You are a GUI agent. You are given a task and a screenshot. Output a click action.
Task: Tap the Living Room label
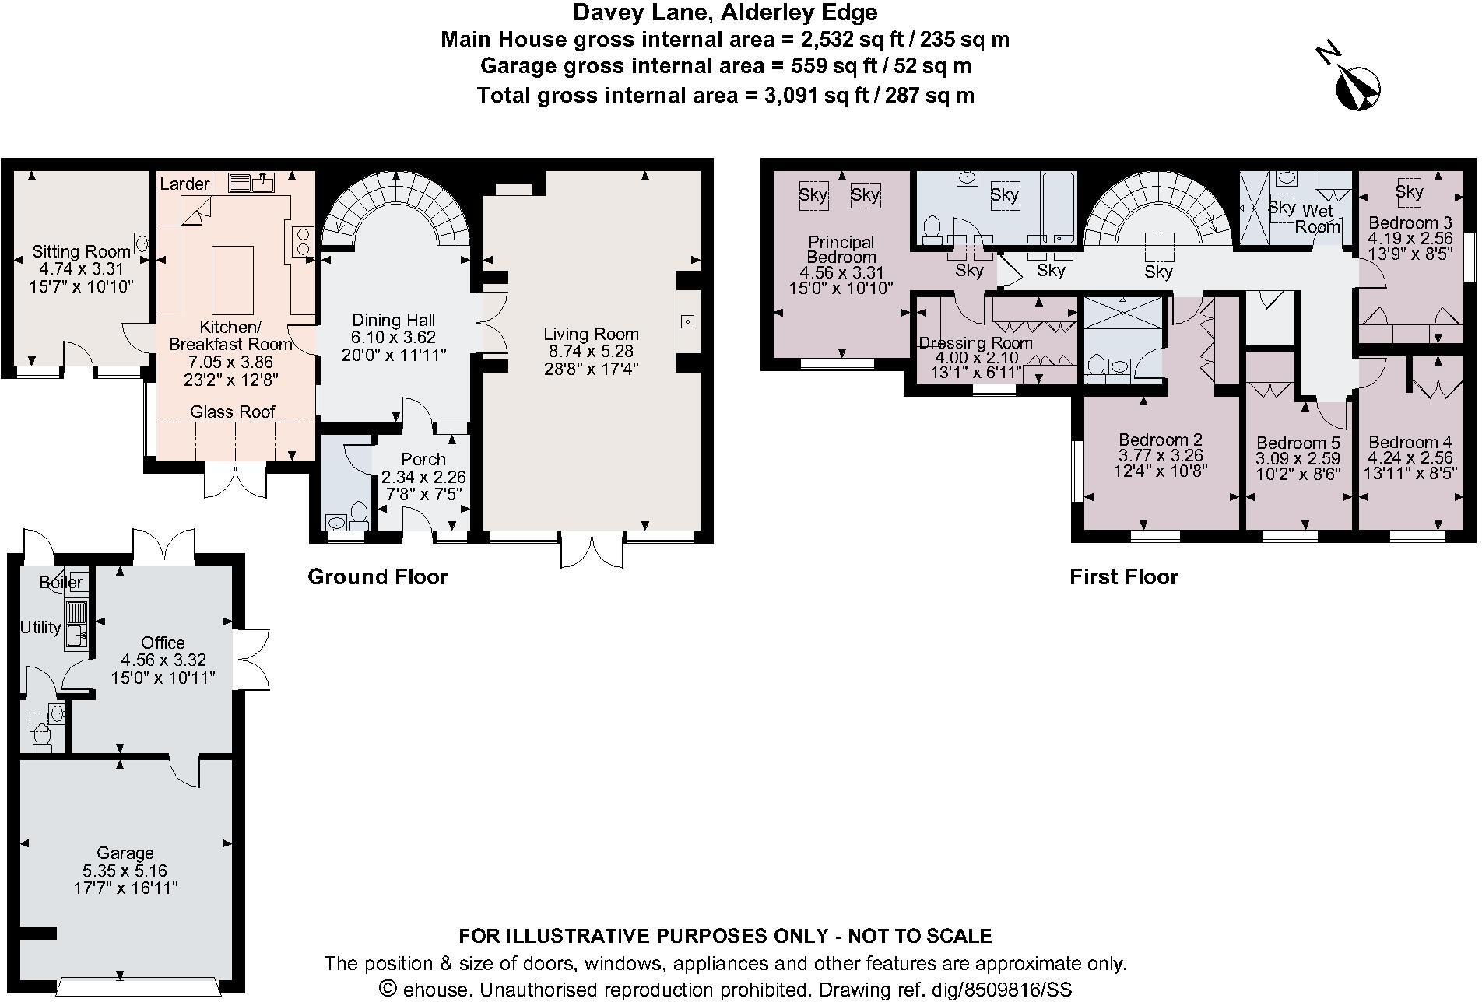point(591,335)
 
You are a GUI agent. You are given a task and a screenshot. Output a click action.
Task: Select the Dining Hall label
point(394,320)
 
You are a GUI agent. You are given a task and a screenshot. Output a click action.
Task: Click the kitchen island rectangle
point(233,279)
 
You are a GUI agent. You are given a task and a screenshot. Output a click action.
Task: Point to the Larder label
point(184,184)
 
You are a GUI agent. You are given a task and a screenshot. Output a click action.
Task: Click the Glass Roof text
point(233,412)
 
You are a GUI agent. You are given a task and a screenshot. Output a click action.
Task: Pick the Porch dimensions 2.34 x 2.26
point(423,477)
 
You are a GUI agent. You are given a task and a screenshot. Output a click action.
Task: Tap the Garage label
point(125,853)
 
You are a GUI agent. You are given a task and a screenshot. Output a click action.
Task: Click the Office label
point(163,643)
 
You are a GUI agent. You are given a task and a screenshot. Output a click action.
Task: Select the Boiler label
point(61,582)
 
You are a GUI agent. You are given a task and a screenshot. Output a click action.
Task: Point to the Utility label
point(40,627)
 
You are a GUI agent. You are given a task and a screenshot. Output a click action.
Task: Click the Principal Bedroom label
point(841,250)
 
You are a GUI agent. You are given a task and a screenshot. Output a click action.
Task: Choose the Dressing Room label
point(976,343)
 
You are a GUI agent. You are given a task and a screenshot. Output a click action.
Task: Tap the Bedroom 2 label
point(1161,440)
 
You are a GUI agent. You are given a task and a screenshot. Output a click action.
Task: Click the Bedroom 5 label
point(1298,443)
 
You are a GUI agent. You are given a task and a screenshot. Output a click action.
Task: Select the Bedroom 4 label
point(1410,442)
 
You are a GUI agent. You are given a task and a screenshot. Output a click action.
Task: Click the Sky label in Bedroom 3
point(1409,191)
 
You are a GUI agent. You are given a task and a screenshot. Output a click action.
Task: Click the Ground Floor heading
point(378,576)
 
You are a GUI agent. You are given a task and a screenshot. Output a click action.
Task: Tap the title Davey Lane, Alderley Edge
point(725,12)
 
